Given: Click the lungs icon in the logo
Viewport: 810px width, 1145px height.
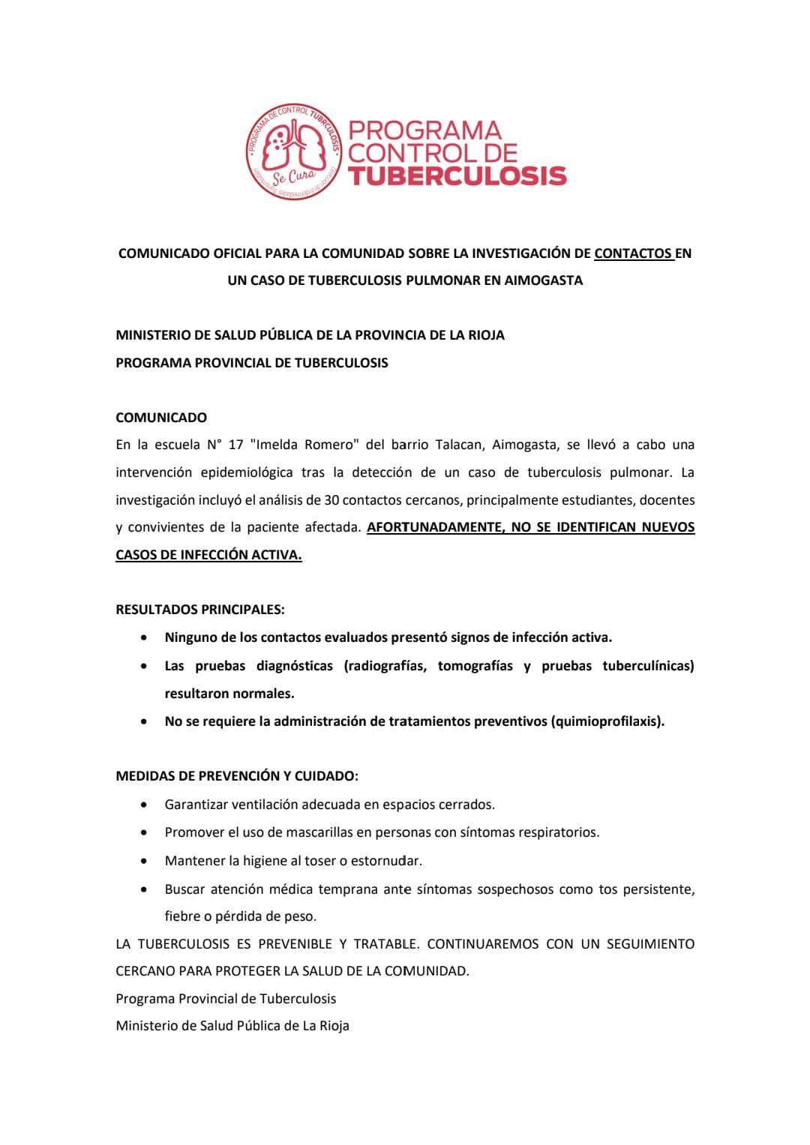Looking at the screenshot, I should click(293, 145).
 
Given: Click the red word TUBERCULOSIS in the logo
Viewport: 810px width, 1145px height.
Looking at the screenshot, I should click(457, 175).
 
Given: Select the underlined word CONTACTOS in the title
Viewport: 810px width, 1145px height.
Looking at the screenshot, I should click(634, 253).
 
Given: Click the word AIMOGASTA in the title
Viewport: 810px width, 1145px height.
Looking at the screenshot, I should click(543, 280).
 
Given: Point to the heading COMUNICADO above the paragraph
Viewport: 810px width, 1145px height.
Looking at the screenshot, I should click(161, 418).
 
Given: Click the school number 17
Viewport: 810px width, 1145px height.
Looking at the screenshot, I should click(235, 445).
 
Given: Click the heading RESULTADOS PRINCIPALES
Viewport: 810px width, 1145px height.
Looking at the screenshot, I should click(200, 610).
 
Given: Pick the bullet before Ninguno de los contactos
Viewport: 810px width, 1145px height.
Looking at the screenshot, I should click(143, 638).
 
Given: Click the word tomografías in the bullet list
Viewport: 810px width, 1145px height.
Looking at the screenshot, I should click(475, 666).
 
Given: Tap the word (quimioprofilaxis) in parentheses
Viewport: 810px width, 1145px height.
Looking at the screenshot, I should click(607, 721).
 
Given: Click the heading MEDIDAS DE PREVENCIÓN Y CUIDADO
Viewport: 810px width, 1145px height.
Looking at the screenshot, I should click(237, 776).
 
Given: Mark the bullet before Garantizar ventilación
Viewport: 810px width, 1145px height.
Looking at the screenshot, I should click(143, 805).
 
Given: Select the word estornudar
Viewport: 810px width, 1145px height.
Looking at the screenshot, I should click(386, 861).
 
